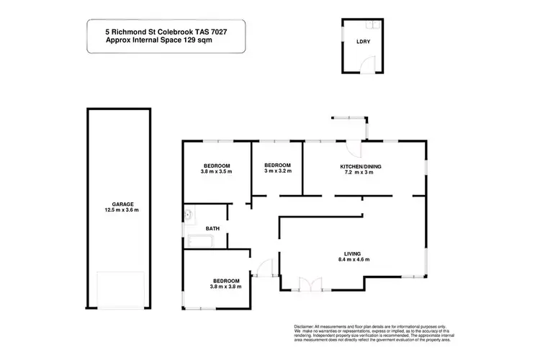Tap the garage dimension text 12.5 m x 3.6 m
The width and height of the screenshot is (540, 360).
coord(120,210)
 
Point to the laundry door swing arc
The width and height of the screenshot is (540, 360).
coord(367,66)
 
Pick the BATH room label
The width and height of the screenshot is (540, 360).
coord(212,229)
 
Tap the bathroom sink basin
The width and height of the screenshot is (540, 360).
coord(189,215)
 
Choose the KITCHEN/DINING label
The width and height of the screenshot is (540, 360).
coord(361,167)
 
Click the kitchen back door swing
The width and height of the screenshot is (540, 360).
coord(353,149)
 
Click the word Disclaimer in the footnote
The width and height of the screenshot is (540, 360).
coord(305,325)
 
